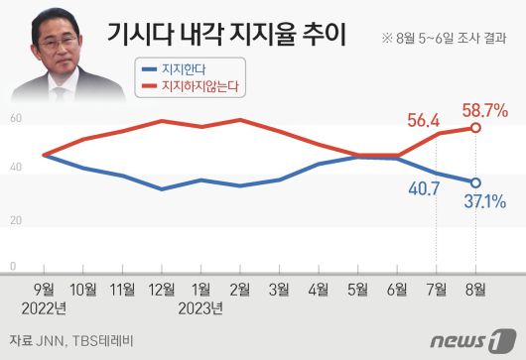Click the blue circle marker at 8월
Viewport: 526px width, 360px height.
click(x=476, y=182)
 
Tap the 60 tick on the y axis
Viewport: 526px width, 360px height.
click(x=14, y=119)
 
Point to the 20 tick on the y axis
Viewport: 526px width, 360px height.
click(x=14, y=219)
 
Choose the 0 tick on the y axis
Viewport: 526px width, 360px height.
click(x=12, y=267)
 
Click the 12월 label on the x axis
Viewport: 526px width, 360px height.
click(x=162, y=290)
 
